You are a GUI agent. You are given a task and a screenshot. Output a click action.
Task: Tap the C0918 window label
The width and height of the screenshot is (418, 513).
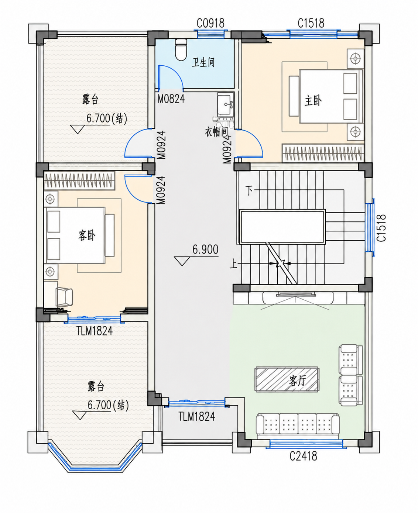click(x=210, y=23)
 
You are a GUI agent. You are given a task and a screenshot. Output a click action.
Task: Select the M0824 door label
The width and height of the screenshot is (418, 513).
click(x=171, y=99)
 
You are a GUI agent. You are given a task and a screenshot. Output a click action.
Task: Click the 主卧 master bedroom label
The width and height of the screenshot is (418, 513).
click(x=313, y=100)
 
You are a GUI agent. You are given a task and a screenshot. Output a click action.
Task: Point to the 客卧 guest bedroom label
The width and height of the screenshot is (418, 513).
click(x=87, y=235)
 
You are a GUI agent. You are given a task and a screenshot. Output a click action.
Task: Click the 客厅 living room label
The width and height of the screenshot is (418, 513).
click(x=297, y=381)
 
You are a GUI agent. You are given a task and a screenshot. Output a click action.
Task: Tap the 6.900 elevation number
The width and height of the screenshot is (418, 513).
click(x=206, y=249)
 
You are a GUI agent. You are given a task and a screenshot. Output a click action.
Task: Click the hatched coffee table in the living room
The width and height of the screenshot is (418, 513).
click(x=287, y=379)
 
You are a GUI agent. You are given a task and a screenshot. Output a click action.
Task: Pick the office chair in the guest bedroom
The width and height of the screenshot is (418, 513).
click(x=64, y=297)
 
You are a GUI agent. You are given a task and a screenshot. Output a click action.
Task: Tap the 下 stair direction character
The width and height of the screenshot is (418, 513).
click(x=250, y=191)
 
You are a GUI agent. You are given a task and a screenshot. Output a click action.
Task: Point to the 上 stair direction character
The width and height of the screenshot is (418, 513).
click(x=233, y=264)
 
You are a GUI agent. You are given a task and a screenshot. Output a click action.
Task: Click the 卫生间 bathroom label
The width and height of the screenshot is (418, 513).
click(x=203, y=62)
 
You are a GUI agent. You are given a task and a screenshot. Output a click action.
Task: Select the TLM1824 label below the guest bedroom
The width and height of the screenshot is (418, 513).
click(x=95, y=331)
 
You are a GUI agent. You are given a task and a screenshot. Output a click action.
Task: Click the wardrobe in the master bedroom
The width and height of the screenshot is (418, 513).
click(x=323, y=153)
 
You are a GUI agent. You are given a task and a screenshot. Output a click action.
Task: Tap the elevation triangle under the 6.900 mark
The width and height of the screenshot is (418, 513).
click(x=182, y=261)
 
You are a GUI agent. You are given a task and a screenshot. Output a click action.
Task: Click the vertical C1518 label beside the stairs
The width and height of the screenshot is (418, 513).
click(x=381, y=228)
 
